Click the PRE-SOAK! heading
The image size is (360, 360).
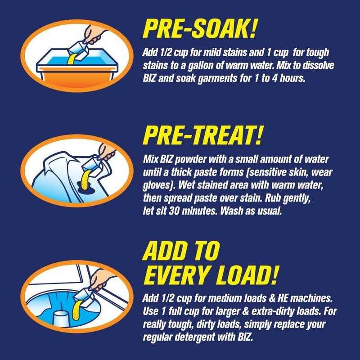click(199, 28)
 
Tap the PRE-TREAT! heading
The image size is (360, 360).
click(202, 135)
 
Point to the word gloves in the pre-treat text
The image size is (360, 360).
click(156, 185)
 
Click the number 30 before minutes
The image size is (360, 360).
click(174, 211)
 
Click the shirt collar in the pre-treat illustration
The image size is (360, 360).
click(56, 165)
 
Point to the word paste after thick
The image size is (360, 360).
click(203, 172)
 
